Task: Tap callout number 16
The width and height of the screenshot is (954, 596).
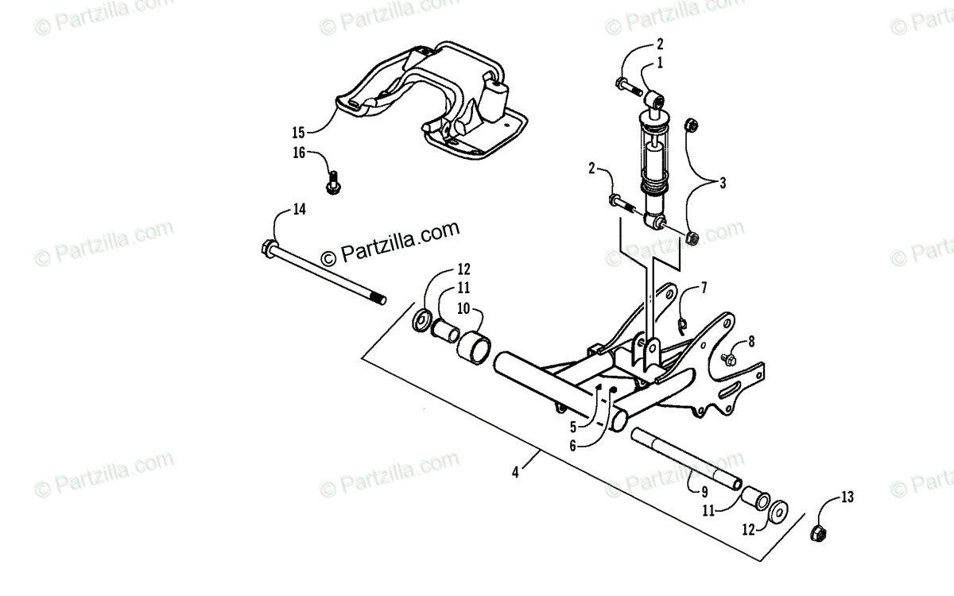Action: pyautogui.click(x=298, y=153)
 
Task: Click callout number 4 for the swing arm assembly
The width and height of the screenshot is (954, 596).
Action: pyautogui.click(x=515, y=471)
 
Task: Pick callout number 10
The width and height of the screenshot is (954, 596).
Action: pyautogui.click(x=463, y=308)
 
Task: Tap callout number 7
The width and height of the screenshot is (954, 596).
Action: pyautogui.click(x=703, y=287)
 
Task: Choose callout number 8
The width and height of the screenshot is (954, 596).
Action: pyautogui.click(x=752, y=343)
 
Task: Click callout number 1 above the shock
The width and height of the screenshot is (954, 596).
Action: pyautogui.click(x=660, y=62)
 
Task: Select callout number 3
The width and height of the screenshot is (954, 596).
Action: pyautogui.click(x=722, y=184)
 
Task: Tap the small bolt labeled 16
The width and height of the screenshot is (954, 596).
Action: pyautogui.click(x=332, y=183)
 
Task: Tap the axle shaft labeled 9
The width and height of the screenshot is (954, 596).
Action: pyautogui.click(x=684, y=459)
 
